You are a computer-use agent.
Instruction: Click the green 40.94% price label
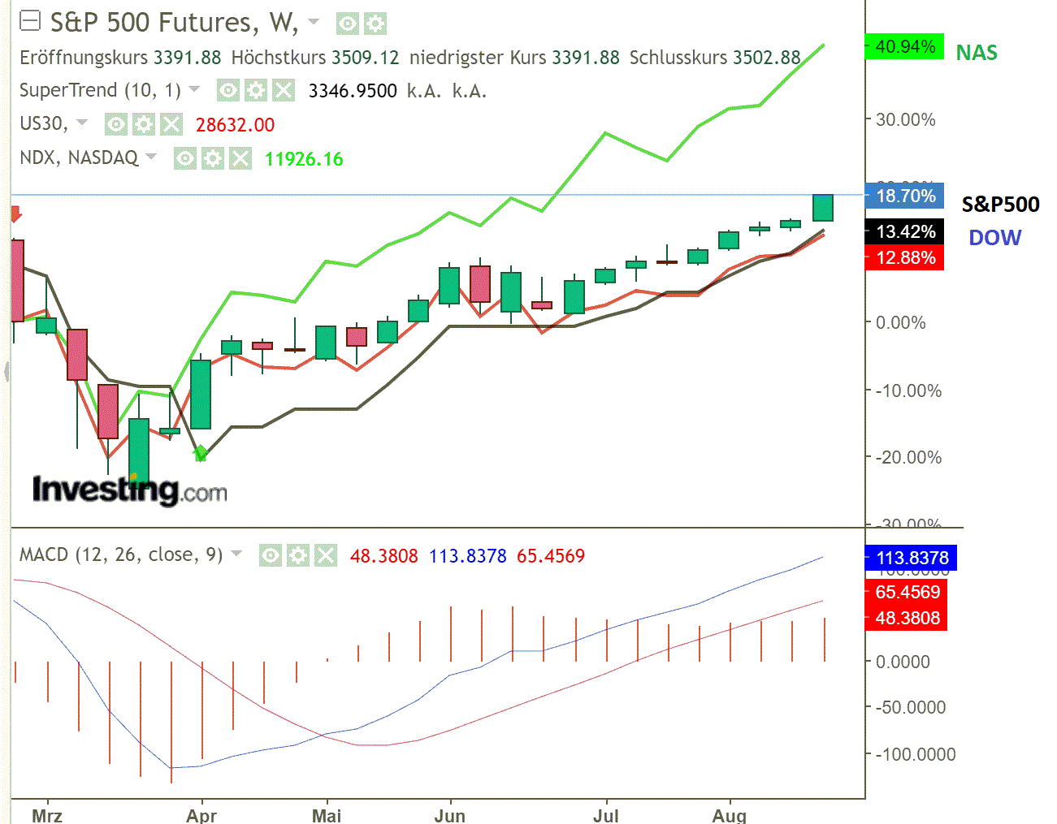pos(904,47)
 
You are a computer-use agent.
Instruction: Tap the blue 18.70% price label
pos(905,196)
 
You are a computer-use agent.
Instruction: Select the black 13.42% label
pos(905,232)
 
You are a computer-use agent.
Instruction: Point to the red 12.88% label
pos(905,258)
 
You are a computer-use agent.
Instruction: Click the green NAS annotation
pos(976,53)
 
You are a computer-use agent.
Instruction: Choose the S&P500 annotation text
pos(1000,205)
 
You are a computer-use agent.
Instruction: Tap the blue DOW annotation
pos(994,238)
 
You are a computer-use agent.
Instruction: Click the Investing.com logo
pos(129,490)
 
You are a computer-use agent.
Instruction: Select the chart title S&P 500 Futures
pos(150,22)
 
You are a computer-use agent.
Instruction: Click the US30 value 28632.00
pos(235,125)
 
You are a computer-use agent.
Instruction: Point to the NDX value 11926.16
pos(304,159)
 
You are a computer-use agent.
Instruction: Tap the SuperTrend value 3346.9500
pos(353,91)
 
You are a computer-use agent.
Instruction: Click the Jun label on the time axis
pos(449,815)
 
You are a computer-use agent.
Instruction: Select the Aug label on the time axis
pos(729,815)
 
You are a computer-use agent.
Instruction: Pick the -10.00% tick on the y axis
pos(908,390)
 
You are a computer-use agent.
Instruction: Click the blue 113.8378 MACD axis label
pos(912,558)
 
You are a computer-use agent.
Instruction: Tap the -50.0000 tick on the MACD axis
pos(910,707)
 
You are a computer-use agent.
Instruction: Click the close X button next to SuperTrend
pos(283,90)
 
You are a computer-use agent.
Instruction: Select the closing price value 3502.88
pos(766,58)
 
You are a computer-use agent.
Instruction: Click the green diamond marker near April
pos(201,453)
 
